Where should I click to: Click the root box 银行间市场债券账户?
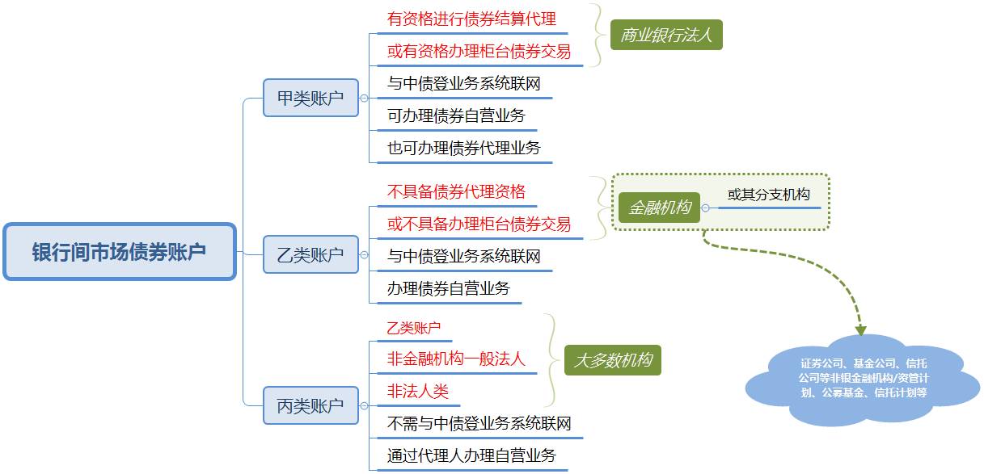(120, 252)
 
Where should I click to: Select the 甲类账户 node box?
(310, 98)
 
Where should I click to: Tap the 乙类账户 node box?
(310, 255)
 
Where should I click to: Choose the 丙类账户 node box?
(310, 406)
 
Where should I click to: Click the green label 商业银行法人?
(665, 35)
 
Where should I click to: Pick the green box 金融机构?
(659, 208)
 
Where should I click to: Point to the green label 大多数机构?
(612, 360)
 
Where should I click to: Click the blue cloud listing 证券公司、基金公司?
(862, 378)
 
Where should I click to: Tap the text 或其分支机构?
(768, 195)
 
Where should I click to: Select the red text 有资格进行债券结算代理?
(471, 19)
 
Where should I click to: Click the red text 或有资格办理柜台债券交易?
(479, 52)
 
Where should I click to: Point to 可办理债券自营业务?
(456, 115)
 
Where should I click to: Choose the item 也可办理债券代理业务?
(463, 148)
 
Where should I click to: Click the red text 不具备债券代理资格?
(456, 191)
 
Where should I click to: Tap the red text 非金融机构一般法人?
(456, 359)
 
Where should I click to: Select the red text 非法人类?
(417, 392)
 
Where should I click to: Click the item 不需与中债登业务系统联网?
(479, 424)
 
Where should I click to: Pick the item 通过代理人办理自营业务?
(471, 456)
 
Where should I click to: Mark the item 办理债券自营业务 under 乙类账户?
(448, 288)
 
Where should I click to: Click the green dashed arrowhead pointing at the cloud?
(861, 330)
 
